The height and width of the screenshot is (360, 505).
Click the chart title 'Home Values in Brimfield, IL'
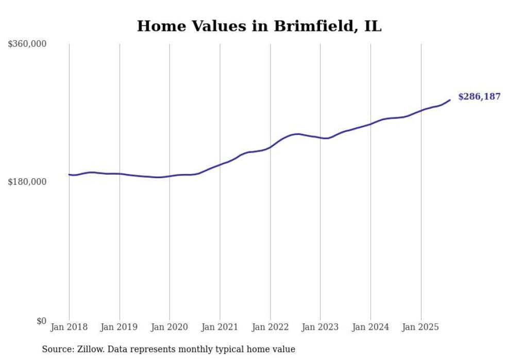[259, 26]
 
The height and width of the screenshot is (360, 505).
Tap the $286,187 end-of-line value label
[479, 97]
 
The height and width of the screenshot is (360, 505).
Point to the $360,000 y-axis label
[27, 44]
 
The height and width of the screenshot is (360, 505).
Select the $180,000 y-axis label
[27, 182]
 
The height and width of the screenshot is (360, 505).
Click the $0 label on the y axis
[41, 321]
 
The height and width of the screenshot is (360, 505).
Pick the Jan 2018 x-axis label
[69, 327]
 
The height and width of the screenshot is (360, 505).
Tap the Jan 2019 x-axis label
[120, 327]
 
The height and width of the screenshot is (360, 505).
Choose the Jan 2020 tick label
[170, 327]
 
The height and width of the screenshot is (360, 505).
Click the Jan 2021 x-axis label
[220, 327]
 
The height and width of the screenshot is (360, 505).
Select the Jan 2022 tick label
[270, 327]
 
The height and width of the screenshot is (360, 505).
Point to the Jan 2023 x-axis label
[321, 327]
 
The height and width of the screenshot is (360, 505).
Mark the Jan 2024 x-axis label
[371, 327]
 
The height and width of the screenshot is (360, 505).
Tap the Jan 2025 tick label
[421, 327]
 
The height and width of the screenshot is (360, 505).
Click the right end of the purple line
[450, 100]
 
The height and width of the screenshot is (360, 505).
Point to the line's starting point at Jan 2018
[69, 175]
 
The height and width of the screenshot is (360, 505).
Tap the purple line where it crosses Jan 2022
[270, 147]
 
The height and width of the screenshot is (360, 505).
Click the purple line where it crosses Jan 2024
[371, 124]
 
